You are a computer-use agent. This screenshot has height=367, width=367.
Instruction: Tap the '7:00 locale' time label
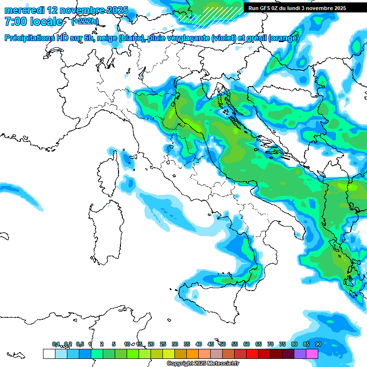click(x=33, y=22)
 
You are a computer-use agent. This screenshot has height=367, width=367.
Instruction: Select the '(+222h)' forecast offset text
click(x=85, y=22)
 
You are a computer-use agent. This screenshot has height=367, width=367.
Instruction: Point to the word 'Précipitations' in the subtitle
click(x=28, y=38)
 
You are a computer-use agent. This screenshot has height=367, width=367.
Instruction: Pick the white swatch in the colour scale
click(x=49, y=354)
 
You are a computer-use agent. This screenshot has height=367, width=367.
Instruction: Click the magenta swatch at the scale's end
click(x=312, y=354)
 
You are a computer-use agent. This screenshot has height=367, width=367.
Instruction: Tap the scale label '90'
click(x=318, y=344)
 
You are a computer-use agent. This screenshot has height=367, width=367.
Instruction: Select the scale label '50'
click(x=223, y=344)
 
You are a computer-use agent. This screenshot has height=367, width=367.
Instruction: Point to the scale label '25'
click(x=163, y=344)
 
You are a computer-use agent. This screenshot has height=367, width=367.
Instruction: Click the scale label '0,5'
click(x=79, y=344)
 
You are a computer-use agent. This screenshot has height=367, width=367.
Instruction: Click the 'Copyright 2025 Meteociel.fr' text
click(x=200, y=364)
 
